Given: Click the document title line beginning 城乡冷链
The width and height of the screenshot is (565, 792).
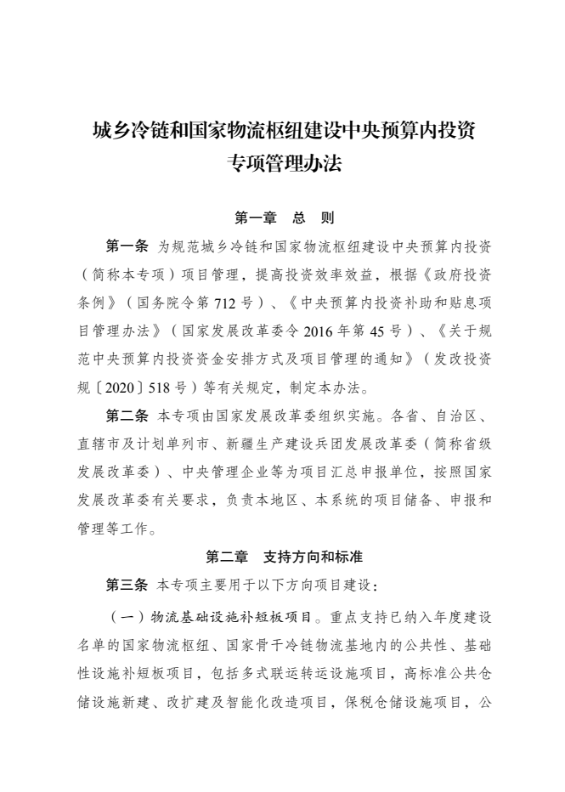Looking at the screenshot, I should pyautogui.click(x=282, y=132).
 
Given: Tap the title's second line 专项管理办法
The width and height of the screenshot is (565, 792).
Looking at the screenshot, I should pyautogui.click(x=282, y=163).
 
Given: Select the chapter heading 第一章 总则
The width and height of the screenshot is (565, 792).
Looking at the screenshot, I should pyautogui.click(x=283, y=218).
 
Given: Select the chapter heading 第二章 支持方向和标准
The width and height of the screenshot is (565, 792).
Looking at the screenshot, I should pyautogui.click(x=283, y=557).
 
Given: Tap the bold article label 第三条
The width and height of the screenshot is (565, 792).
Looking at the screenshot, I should pyautogui.click(x=127, y=586).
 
